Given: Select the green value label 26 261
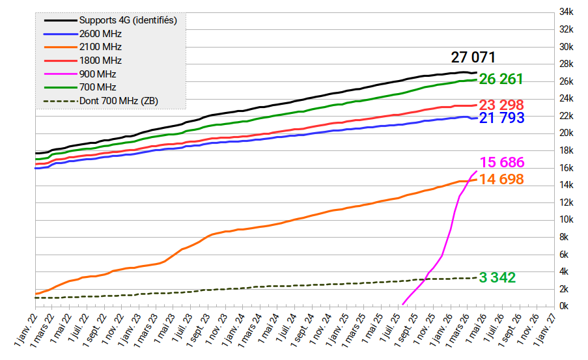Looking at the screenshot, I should click(x=501, y=79).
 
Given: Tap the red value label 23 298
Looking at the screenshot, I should click(x=501, y=105).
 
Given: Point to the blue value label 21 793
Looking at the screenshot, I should click(x=501, y=118).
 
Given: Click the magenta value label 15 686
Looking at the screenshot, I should click(x=502, y=163).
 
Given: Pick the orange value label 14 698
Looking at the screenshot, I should click(x=501, y=179).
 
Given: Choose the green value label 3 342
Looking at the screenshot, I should click(x=497, y=278).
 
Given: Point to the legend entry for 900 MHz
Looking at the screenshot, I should click(x=98, y=74).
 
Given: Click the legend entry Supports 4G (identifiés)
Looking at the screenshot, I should click(x=128, y=20).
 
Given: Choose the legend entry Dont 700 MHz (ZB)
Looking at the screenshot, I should click(x=117, y=101).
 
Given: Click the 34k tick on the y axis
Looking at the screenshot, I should click(x=566, y=12).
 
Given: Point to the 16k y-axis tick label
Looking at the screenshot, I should click(x=566, y=168).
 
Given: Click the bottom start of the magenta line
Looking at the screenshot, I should click(x=404, y=303).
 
